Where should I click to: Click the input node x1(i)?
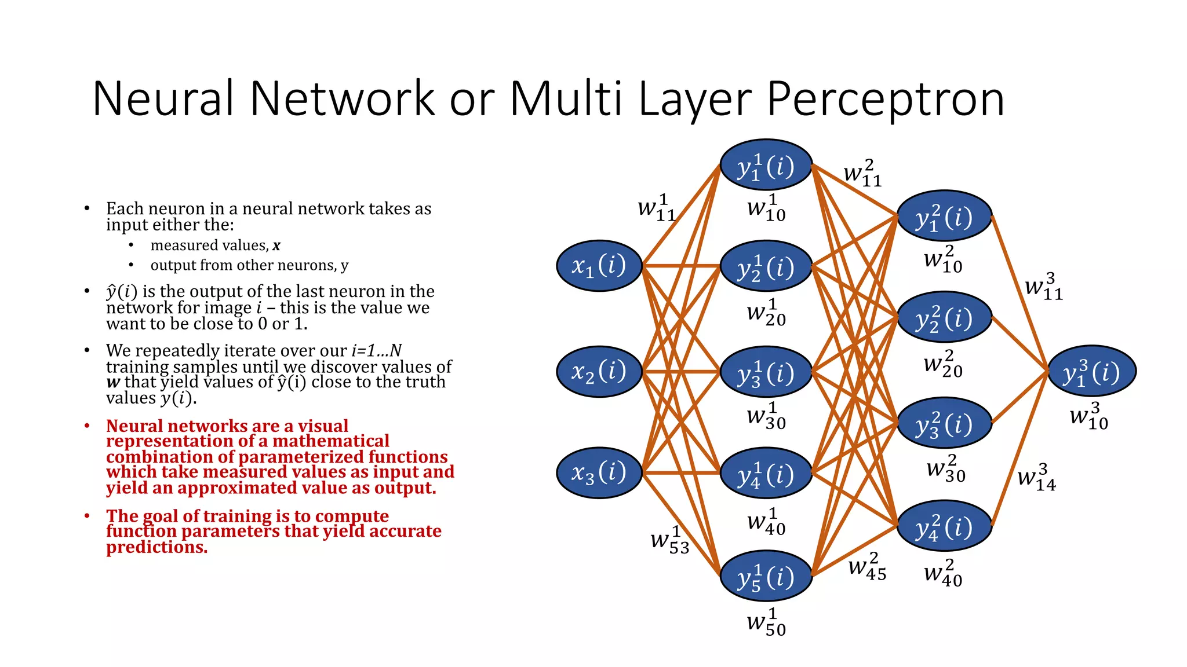click(x=599, y=266)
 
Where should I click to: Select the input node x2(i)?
click(x=599, y=371)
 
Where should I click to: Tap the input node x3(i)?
click(x=599, y=472)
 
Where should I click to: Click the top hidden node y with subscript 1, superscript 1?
click(x=766, y=166)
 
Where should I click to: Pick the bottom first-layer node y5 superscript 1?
click(x=766, y=577)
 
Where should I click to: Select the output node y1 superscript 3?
click(x=1092, y=372)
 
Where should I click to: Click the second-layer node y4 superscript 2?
click(x=944, y=526)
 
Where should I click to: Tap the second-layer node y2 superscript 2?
click(x=944, y=318)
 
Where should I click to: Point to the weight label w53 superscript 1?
click(x=670, y=540)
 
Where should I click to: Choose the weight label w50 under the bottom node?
click(x=766, y=623)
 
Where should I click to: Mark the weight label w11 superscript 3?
click(x=1044, y=287)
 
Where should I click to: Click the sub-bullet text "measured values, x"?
click(x=215, y=245)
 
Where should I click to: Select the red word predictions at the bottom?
click(x=156, y=547)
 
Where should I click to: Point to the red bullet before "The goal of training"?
click(x=87, y=515)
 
